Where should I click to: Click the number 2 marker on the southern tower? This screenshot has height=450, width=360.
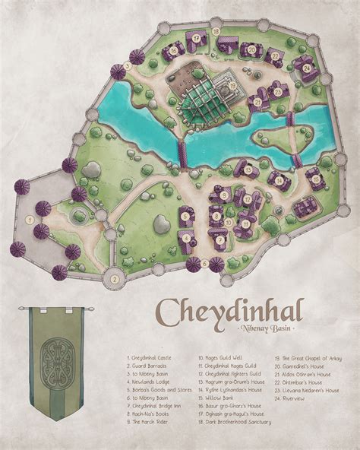click(113, 278)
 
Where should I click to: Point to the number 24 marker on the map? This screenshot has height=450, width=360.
click(306, 68)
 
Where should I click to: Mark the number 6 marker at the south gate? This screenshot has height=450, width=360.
click(205, 262)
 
